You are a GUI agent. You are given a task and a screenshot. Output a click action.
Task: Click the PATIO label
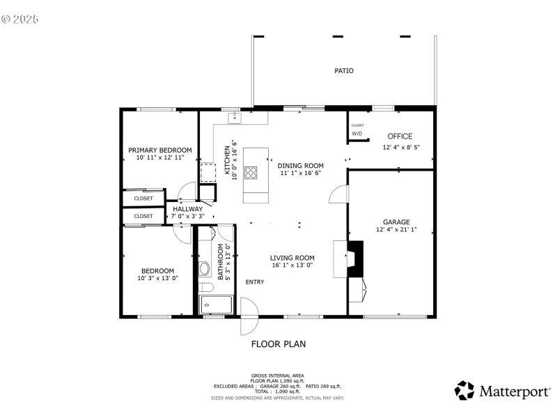344,71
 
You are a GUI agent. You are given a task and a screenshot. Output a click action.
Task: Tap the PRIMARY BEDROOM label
160,150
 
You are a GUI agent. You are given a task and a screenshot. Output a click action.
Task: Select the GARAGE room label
397,222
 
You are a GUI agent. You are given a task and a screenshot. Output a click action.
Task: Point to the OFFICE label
400,137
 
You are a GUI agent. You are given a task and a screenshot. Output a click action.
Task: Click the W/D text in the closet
357,133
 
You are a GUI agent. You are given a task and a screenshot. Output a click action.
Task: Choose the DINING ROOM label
301,166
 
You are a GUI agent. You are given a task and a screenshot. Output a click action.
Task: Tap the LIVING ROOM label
292,257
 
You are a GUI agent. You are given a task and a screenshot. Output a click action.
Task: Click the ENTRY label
255,281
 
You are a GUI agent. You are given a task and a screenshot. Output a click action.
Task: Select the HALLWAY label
187,209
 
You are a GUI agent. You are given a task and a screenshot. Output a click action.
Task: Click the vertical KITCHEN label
227,162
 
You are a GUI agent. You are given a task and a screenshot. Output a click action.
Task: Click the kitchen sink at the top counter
235,118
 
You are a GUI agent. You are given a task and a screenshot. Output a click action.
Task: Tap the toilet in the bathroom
205,268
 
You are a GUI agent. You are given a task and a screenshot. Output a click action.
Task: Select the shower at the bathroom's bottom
216,304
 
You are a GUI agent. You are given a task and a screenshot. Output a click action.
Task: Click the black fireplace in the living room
356,258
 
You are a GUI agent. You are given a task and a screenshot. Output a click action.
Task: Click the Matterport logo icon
464,391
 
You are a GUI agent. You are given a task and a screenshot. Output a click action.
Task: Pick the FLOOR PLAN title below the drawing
278,343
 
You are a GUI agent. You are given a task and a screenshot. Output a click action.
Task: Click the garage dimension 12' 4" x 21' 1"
397,229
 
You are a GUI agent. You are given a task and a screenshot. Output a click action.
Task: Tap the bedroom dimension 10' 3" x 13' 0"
158,278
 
